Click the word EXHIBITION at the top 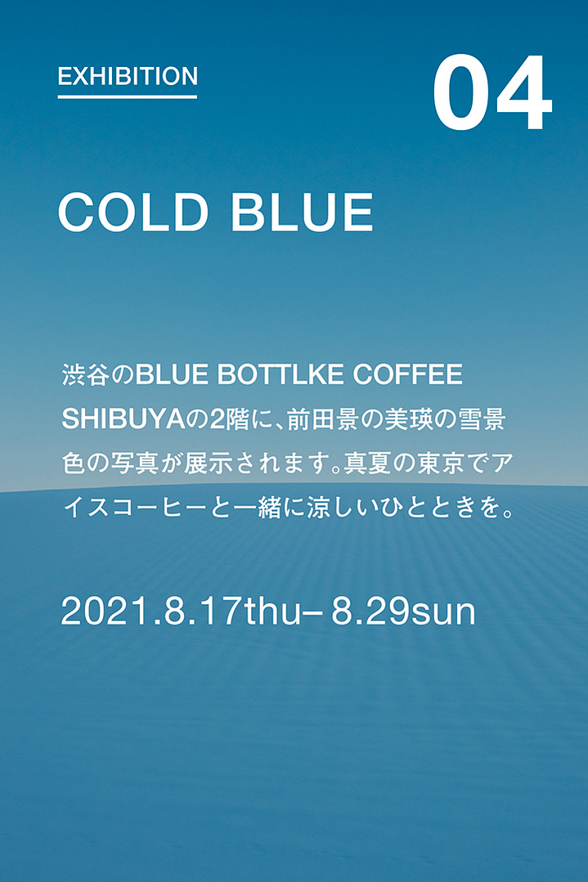pyautogui.click(x=128, y=77)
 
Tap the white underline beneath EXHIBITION pyautogui.click(x=127, y=97)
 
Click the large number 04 pyautogui.click(x=492, y=93)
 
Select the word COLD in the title pyautogui.click(x=133, y=212)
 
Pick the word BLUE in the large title pyautogui.click(x=302, y=212)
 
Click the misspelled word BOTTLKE pyautogui.click(x=281, y=375)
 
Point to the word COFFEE pyautogui.click(x=408, y=375)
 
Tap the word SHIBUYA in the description pyautogui.click(x=123, y=419)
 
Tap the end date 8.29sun pyautogui.click(x=403, y=611)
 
